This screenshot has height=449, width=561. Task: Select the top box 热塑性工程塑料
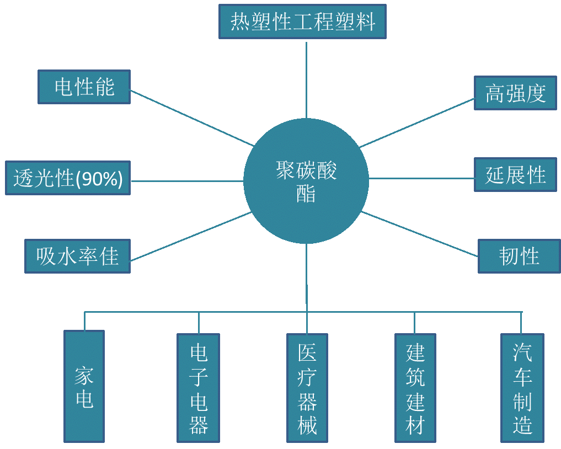tap(302, 22)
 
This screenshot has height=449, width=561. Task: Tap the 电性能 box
tap(84, 87)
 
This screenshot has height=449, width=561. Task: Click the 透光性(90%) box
tap(67, 178)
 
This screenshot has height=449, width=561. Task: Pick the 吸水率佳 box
tap(77, 256)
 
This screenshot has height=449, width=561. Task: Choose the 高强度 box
tap(515, 93)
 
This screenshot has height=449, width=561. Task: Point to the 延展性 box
tap(515, 175)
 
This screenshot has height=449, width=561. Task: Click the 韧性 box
tap(519, 256)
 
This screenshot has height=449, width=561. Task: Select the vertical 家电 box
tap(84, 386)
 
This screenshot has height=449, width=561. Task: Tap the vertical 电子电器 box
tap(198, 388)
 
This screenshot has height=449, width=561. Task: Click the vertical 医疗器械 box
tap(307, 388)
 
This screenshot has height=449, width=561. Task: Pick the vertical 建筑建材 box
tap(415, 388)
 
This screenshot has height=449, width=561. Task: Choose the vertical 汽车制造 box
tap(522, 388)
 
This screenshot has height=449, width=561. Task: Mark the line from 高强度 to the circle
tap(417, 123)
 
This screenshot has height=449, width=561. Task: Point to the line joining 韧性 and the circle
tap(419, 234)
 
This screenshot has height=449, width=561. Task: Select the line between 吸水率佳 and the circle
tap(191, 237)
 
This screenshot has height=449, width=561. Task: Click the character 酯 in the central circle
tap(306, 194)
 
